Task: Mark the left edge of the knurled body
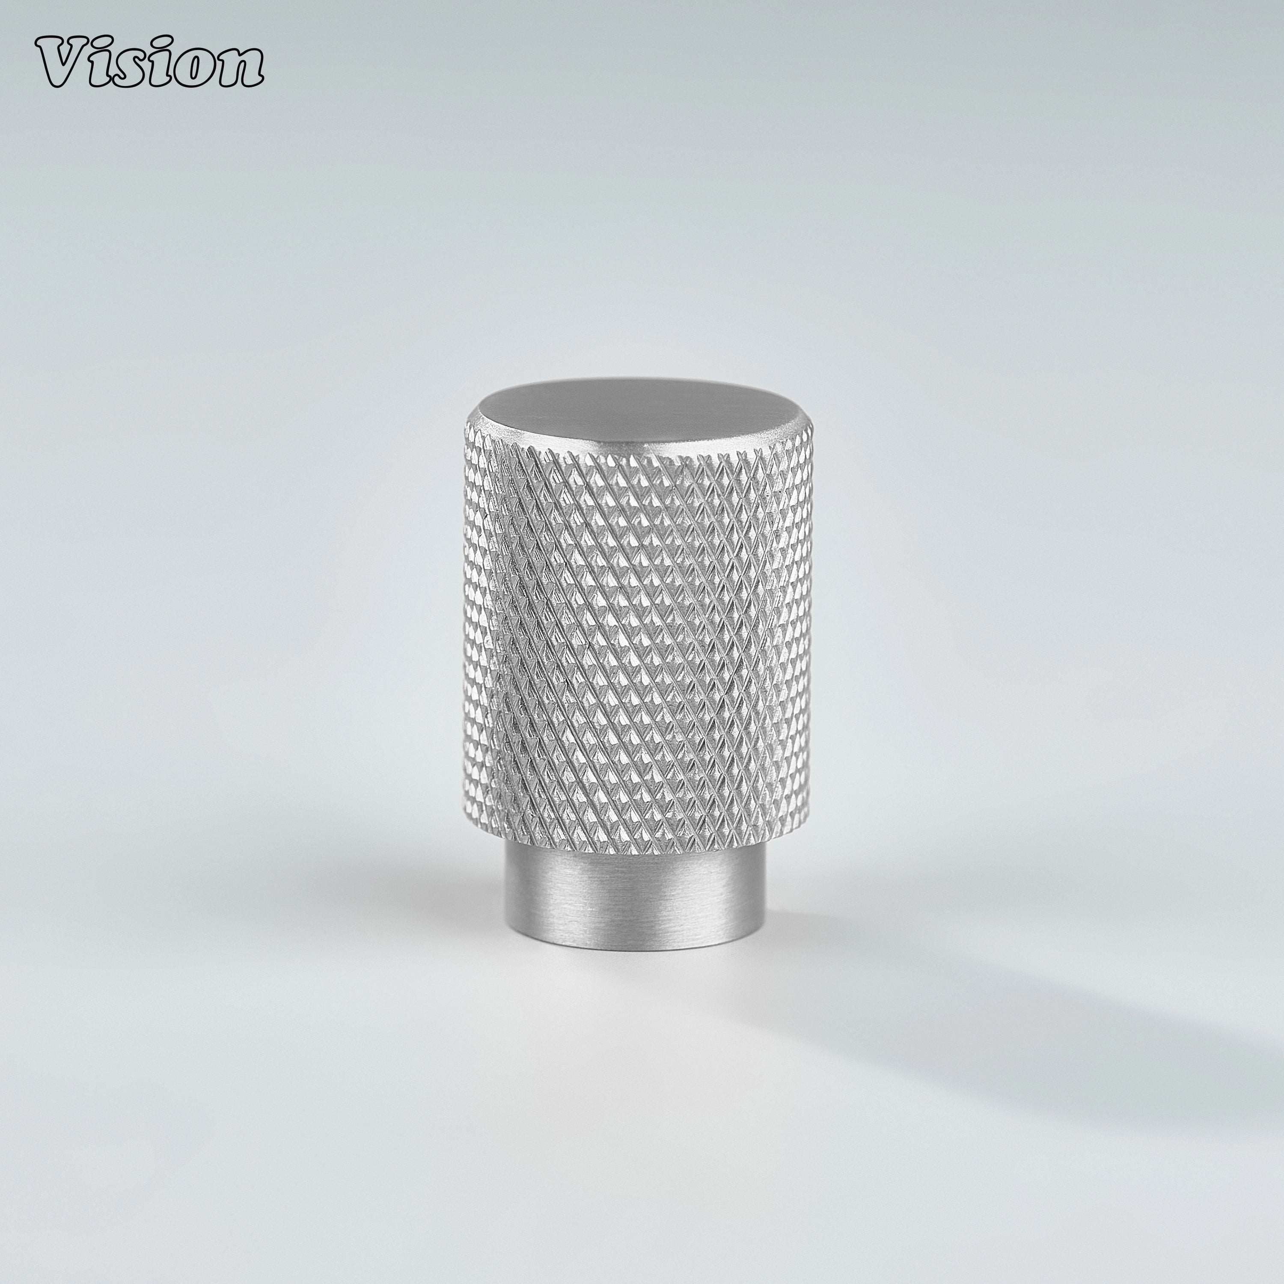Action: click(x=469, y=631)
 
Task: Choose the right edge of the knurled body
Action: click(x=809, y=631)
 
